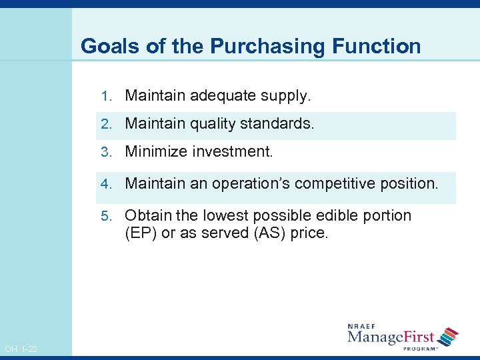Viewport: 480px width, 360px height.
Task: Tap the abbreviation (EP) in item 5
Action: point(139,234)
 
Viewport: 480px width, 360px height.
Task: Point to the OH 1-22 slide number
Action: point(21,349)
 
